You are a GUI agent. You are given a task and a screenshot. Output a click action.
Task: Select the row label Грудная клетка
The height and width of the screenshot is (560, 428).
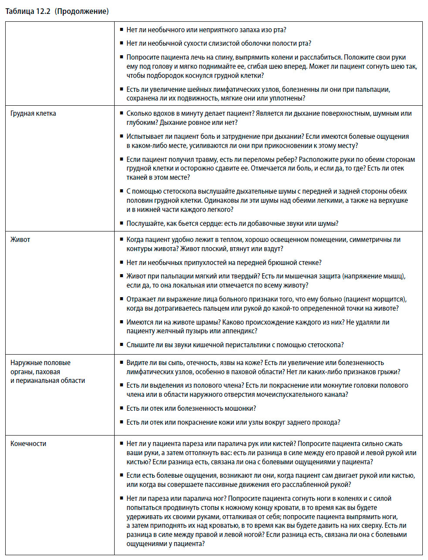[x=33, y=114]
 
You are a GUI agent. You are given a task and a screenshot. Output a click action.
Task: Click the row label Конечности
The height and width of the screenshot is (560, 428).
[x=28, y=444]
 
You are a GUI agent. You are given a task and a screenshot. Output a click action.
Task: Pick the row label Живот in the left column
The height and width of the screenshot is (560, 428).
[x=20, y=240]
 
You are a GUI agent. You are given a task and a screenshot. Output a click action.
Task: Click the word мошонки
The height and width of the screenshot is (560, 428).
[x=241, y=409]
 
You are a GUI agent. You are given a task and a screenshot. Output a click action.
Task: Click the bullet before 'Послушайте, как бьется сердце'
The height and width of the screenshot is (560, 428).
[x=122, y=224]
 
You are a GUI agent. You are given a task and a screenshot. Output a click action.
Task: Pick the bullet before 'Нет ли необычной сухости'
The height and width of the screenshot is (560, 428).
[x=122, y=44]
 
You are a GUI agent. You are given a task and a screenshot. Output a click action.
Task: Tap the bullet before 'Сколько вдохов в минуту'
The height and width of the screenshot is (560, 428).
[x=122, y=114]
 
